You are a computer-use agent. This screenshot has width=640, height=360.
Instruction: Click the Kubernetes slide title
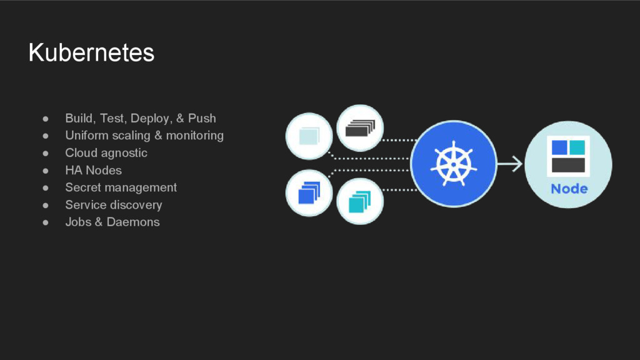pyautogui.click(x=91, y=53)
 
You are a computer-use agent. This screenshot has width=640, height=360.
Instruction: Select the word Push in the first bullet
pyautogui.click(x=202, y=118)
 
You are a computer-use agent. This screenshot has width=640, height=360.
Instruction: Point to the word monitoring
pyautogui.click(x=194, y=136)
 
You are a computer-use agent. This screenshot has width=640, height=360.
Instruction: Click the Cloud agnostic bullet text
pyautogui.click(x=106, y=152)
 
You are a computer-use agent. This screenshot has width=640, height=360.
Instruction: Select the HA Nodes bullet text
pyautogui.click(x=93, y=170)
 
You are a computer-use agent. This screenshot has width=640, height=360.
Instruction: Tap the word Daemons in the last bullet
pyautogui.click(x=133, y=222)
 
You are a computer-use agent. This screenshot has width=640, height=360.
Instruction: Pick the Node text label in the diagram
pyautogui.click(x=569, y=188)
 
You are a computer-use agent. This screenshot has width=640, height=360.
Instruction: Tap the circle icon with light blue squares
pyautogui.click(x=309, y=136)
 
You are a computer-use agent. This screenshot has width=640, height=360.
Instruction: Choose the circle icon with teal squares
pyautogui.click(x=360, y=201)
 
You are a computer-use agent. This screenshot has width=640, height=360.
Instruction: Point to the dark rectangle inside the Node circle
pyautogui.click(x=568, y=165)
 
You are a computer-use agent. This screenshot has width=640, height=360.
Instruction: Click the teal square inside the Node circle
pyautogui.click(x=577, y=147)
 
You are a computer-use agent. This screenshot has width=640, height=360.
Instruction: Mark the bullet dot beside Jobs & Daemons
pyautogui.click(x=46, y=222)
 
